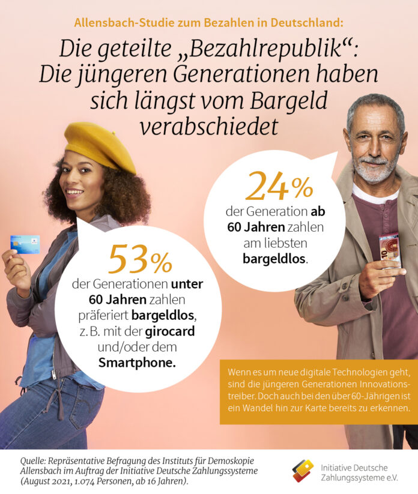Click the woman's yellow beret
coord(100,144)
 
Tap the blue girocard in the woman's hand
coord(25,244)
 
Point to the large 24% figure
coord(279,187)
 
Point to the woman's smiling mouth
coord(75,192)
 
